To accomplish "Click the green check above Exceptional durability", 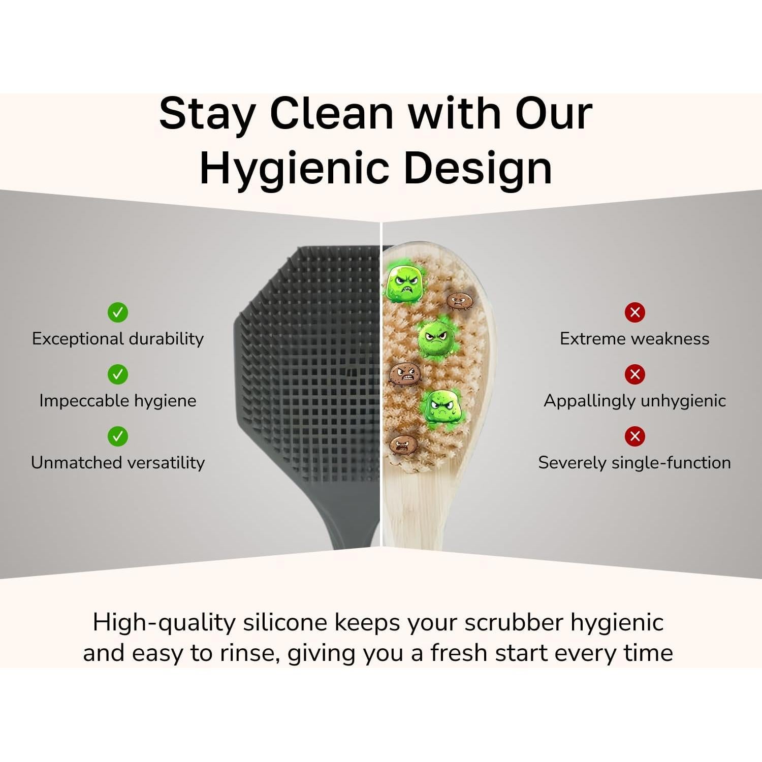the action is tap(118, 312).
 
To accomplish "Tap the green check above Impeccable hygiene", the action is tap(118, 374).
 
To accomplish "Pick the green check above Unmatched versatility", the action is tap(118, 436).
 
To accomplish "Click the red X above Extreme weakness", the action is tap(634, 312).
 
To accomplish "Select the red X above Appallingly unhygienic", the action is tap(634, 374).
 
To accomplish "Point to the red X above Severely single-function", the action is tap(634, 436).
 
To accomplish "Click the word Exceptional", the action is tap(78, 339).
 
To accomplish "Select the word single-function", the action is tap(672, 463).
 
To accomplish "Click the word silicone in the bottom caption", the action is tap(285, 623).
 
